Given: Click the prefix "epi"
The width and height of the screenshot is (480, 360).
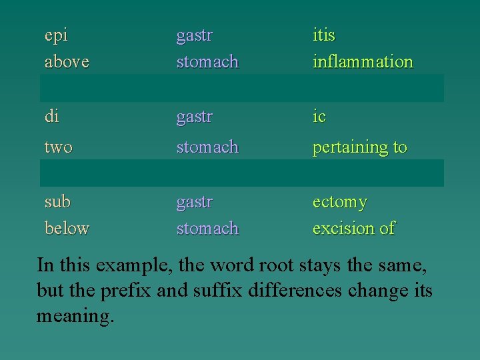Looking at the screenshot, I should point(56,35).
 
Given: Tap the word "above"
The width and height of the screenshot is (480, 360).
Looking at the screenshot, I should point(67,62).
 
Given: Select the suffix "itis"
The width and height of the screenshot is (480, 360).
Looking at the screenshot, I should point(324,35).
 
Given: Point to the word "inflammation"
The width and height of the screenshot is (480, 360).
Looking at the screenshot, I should point(363,62).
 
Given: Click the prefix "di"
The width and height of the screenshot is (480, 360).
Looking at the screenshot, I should point(51,117).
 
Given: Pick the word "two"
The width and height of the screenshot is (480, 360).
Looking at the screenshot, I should point(58,147).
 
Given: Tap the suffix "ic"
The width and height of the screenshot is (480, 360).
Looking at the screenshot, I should point(319,117).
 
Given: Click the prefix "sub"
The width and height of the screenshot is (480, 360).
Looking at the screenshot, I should point(57,201).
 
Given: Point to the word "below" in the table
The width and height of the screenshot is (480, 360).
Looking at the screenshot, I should point(67,228).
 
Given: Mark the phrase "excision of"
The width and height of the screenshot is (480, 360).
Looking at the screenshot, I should point(353,228).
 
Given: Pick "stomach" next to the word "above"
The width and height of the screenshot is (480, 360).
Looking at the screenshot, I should point(207,62).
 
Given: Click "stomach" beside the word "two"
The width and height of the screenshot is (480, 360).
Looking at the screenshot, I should point(207,147).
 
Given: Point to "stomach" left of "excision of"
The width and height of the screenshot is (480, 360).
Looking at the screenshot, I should point(207,228).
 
